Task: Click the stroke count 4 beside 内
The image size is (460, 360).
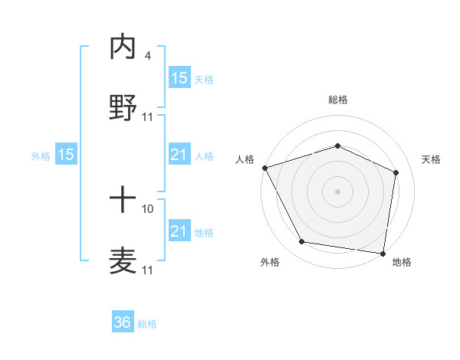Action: coord(147,57)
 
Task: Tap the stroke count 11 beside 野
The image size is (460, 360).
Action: coord(148,117)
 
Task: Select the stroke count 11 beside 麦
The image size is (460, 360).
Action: coord(148,270)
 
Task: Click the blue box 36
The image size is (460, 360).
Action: coord(123,322)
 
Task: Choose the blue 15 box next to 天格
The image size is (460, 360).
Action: coord(179,77)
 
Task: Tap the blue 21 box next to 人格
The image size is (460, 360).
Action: coord(179,155)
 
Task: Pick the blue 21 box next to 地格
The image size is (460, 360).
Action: coord(179,231)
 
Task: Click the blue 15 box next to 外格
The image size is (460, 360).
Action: coord(66,155)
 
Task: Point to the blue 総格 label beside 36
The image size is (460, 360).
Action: coord(147,324)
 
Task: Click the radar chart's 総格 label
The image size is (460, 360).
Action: coord(337,100)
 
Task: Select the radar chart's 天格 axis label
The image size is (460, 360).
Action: coord(432,159)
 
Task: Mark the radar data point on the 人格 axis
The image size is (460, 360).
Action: coord(264,168)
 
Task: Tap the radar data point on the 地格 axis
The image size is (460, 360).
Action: coord(383,253)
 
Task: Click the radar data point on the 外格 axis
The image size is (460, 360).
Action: coord(302,242)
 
